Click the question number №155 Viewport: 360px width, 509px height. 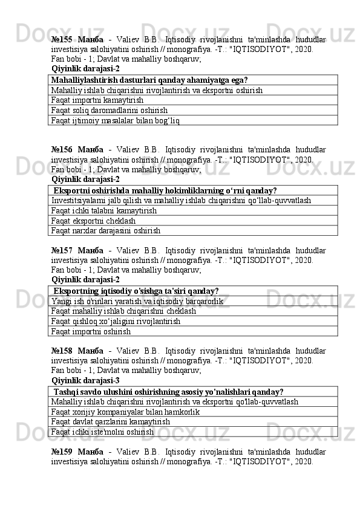click(x=64, y=39)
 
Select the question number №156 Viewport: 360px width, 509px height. click(x=64, y=149)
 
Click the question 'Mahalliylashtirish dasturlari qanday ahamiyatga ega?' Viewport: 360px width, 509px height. click(x=149, y=80)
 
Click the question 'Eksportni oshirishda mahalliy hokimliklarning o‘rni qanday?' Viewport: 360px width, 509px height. click(x=165, y=190)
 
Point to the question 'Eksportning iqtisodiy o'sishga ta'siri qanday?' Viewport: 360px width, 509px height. click(x=136, y=291)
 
